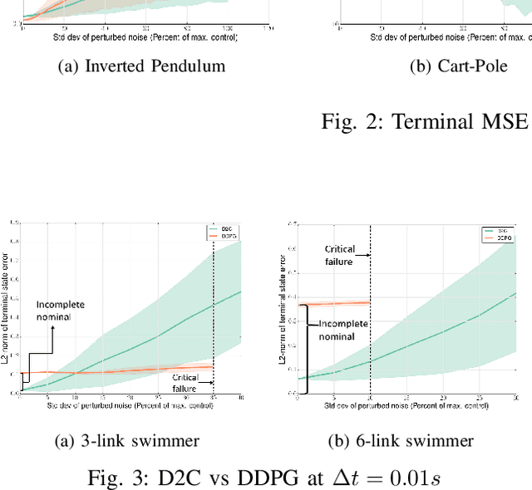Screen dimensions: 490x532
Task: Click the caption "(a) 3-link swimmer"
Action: point(128,440)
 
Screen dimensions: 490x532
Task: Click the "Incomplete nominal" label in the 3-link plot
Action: point(60,311)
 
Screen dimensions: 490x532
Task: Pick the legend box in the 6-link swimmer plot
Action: point(494,234)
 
